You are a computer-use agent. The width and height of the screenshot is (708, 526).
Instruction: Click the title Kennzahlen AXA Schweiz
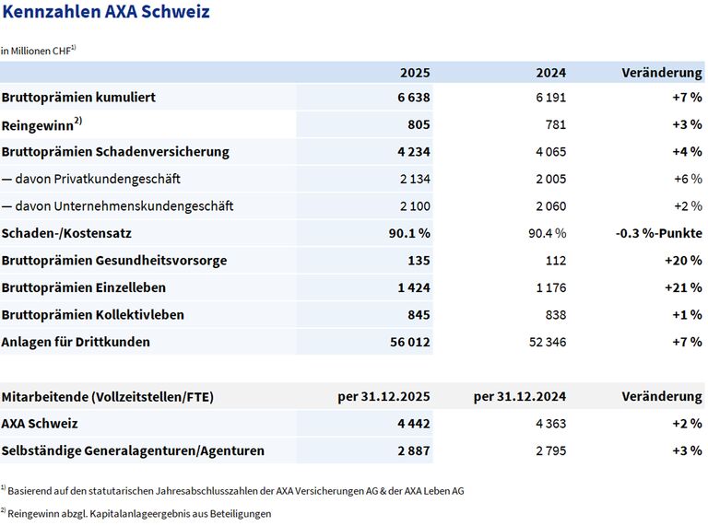click(x=105, y=13)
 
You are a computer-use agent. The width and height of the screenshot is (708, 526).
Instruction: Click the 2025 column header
click(x=414, y=72)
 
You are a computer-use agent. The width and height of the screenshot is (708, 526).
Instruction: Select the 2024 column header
click(x=550, y=72)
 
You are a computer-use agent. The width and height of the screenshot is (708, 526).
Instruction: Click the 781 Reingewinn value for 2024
click(x=553, y=124)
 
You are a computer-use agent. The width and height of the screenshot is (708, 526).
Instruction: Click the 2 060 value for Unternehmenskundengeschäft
click(x=549, y=205)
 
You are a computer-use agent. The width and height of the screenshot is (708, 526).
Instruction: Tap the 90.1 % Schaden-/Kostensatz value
click(x=407, y=233)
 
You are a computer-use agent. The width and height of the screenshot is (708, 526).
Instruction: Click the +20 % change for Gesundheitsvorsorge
click(x=682, y=260)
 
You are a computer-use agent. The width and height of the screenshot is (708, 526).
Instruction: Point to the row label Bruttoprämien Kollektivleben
click(x=92, y=314)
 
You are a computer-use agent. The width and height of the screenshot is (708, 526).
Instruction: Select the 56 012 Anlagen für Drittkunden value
click(x=409, y=342)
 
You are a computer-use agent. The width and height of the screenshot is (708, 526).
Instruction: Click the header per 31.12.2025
click(x=383, y=397)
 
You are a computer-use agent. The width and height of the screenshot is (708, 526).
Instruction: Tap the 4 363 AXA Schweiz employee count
click(x=549, y=424)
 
